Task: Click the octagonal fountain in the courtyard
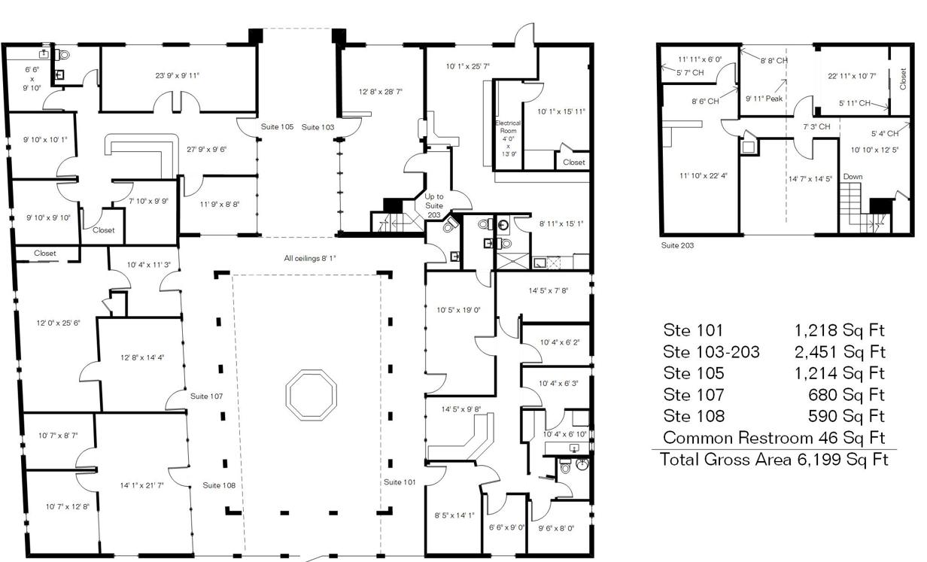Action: (312, 370)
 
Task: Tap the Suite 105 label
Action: (277, 126)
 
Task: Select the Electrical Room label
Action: (508, 126)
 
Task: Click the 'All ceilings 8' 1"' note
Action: (309, 258)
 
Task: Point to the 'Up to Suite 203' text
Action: (433, 205)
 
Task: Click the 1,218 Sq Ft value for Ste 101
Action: (839, 330)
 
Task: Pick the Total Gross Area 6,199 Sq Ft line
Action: (774, 460)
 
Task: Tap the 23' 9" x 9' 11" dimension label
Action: (177, 76)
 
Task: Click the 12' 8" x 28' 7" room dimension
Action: (380, 92)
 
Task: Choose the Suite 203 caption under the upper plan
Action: (677, 245)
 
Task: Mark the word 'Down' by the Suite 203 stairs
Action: (853, 177)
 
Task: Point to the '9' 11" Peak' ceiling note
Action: (764, 99)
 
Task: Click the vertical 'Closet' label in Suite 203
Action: (903, 79)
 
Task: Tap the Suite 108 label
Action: (219, 485)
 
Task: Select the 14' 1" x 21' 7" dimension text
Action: (142, 485)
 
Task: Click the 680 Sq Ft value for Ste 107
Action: (846, 395)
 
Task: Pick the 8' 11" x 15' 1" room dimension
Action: (561, 224)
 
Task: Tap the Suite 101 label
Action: (400, 482)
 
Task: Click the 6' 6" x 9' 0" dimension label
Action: (506, 527)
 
